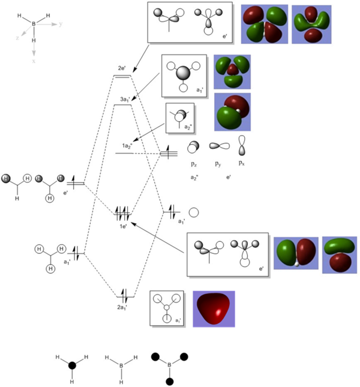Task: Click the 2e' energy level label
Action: click(122, 68)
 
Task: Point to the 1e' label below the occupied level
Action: click(122, 227)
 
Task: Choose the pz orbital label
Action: click(193, 163)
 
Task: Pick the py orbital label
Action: click(217, 163)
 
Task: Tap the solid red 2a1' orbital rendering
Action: click(214, 308)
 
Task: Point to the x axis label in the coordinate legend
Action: click(34, 61)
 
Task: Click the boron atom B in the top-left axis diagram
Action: click(34, 24)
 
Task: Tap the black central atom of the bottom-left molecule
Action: click(73, 365)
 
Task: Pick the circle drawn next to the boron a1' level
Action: click(194, 212)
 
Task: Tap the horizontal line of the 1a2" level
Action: click(124, 154)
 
